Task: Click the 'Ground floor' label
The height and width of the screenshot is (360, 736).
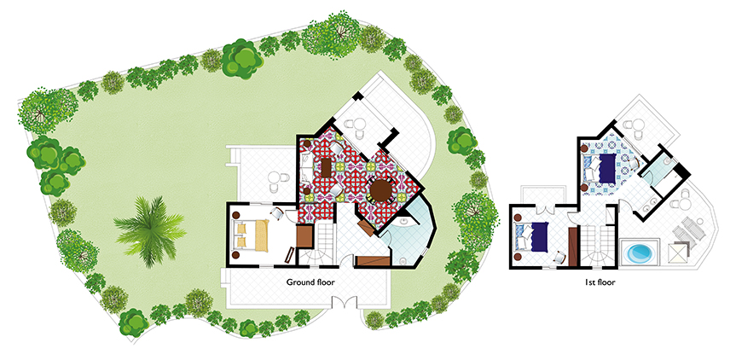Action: coord(310,282)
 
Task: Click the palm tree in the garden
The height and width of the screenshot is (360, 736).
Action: coord(149,231)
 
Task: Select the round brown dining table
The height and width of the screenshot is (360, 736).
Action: coord(380,189)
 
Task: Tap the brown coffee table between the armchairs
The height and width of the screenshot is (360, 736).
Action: coord(327,167)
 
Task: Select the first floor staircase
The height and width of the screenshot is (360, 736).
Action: coord(598,246)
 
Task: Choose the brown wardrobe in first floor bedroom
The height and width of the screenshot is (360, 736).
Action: coord(572,247)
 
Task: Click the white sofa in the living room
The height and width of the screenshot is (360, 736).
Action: coord(306,167)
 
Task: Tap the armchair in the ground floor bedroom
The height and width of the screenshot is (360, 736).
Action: coord(276,214)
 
